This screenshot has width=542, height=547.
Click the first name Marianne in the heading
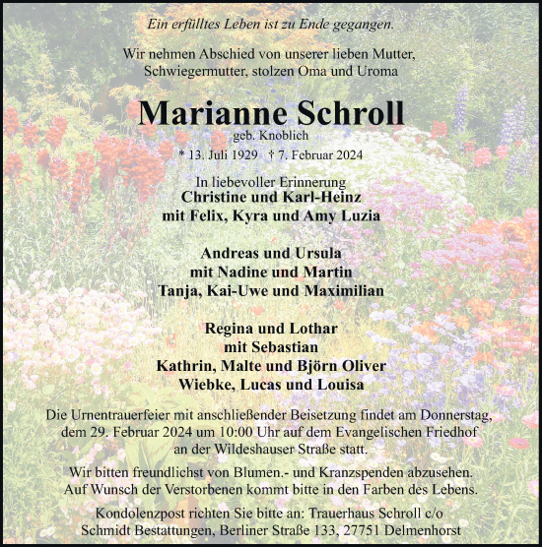tap(203, 112)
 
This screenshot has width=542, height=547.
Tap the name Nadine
tap(245, 272)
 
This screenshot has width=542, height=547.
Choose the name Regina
tap(230, 329)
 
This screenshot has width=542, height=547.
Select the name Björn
tap(305, 366)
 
